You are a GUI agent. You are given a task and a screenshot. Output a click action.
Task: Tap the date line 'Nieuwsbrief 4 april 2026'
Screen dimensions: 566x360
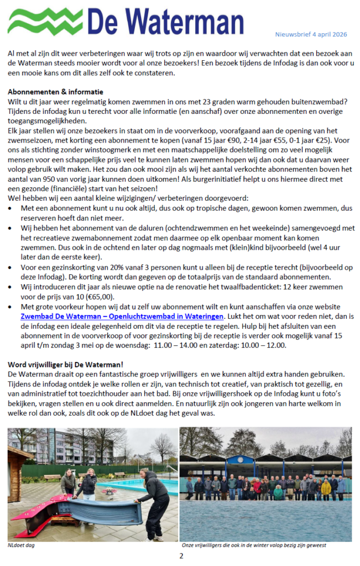click(x=311, y=34)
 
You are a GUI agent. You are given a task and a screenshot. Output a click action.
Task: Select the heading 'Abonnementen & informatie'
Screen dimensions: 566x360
click(x=55, y=92)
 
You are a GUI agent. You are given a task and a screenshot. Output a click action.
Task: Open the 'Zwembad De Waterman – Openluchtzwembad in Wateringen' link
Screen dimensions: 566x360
click(x=122, y=316)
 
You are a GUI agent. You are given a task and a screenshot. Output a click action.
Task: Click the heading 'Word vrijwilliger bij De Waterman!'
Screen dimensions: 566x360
click(x=65, y=364)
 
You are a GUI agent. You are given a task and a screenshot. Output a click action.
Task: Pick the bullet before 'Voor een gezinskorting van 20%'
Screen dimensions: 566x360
click(x=12, y=266)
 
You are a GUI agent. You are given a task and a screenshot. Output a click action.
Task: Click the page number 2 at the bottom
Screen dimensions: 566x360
click(x=180, y=555)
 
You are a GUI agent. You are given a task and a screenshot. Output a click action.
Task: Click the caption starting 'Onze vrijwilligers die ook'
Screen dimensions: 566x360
click(x=254, y=545)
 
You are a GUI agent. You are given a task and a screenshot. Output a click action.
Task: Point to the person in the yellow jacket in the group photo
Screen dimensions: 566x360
click(x=326, y=488)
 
